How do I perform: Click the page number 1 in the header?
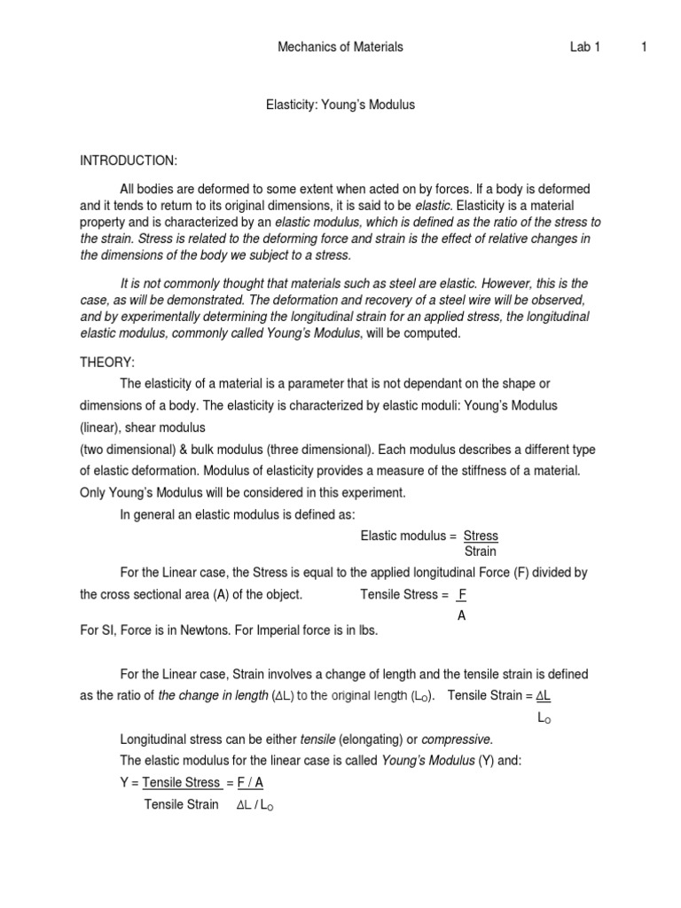tap(643, 47)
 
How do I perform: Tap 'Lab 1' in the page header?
tap(585, 47)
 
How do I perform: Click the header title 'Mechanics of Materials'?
tap(340, 47)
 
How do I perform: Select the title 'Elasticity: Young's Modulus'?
tap(340, 105)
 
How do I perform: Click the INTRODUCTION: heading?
tap(129, 160)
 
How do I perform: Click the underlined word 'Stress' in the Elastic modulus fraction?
tap(481, 536)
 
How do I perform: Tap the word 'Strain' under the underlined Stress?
tap(481, 552)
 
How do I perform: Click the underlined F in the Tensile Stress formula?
tap(461, 594)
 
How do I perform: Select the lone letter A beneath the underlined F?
tap(461, 615)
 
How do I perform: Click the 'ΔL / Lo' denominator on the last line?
tap(255, 805)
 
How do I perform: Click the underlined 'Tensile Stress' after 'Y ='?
tap(181, 782)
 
